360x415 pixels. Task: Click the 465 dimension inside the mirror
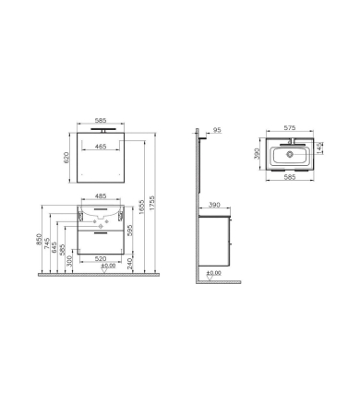click(101, 147)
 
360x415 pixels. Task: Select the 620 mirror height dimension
click(66, 158)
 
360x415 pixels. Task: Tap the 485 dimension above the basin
click(101, 196)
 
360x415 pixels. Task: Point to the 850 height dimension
click(39, 239)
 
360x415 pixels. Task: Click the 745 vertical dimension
click(47, 243)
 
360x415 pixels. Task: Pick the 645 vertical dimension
click(54, 247)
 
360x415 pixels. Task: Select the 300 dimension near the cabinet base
click(69, 261)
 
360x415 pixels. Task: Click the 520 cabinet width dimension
click(101, 259)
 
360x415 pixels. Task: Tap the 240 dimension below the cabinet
click(130, 264)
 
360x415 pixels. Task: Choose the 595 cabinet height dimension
click(130, 231)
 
